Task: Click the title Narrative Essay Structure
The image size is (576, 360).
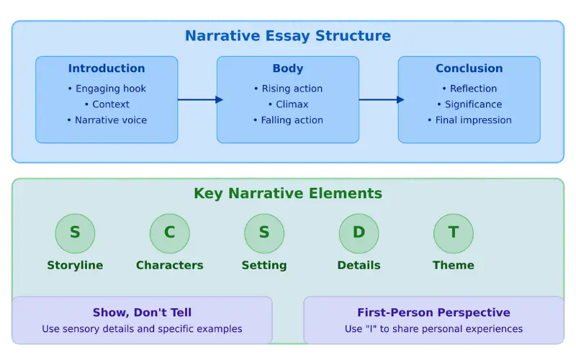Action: [287, 35]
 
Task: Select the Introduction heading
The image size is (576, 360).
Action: [107, 68]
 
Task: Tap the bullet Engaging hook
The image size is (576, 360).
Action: [107, 89]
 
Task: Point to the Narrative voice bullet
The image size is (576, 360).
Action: [107, 120]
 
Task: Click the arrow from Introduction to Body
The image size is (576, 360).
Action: [197, 100]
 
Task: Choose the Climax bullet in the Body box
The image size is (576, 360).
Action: [288, 104]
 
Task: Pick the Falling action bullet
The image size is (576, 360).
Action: [288, 120]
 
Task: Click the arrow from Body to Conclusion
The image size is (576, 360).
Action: [379, 100]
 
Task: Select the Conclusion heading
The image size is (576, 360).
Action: [469, 68]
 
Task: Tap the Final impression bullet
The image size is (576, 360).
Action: [469, 120]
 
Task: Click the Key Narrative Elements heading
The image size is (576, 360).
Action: [288, 194]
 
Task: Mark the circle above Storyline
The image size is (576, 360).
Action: [75, 233]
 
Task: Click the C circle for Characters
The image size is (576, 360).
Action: [170, 233]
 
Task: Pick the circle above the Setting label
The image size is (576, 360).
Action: [264, 233]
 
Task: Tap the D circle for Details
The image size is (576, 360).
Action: [359, 233]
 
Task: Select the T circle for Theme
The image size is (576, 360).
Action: [454, 233]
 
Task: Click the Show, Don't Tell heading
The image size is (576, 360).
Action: [142, 312]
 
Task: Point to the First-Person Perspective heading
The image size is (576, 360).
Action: [433, 312]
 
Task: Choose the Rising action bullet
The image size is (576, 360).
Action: [288, 89]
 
